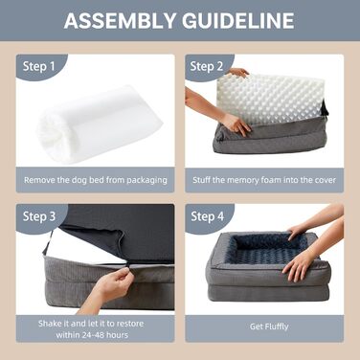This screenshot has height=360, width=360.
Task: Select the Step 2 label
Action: click(x=208, y=66)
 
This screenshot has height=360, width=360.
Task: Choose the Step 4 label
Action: click(x=208, y=216)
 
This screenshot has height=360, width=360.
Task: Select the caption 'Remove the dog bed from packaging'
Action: click(x=96, y=178)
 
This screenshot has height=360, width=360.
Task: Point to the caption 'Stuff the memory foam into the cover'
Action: click(x=263, y=178)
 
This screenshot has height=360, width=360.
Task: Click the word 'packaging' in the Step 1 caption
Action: click(x=144, y=178)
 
